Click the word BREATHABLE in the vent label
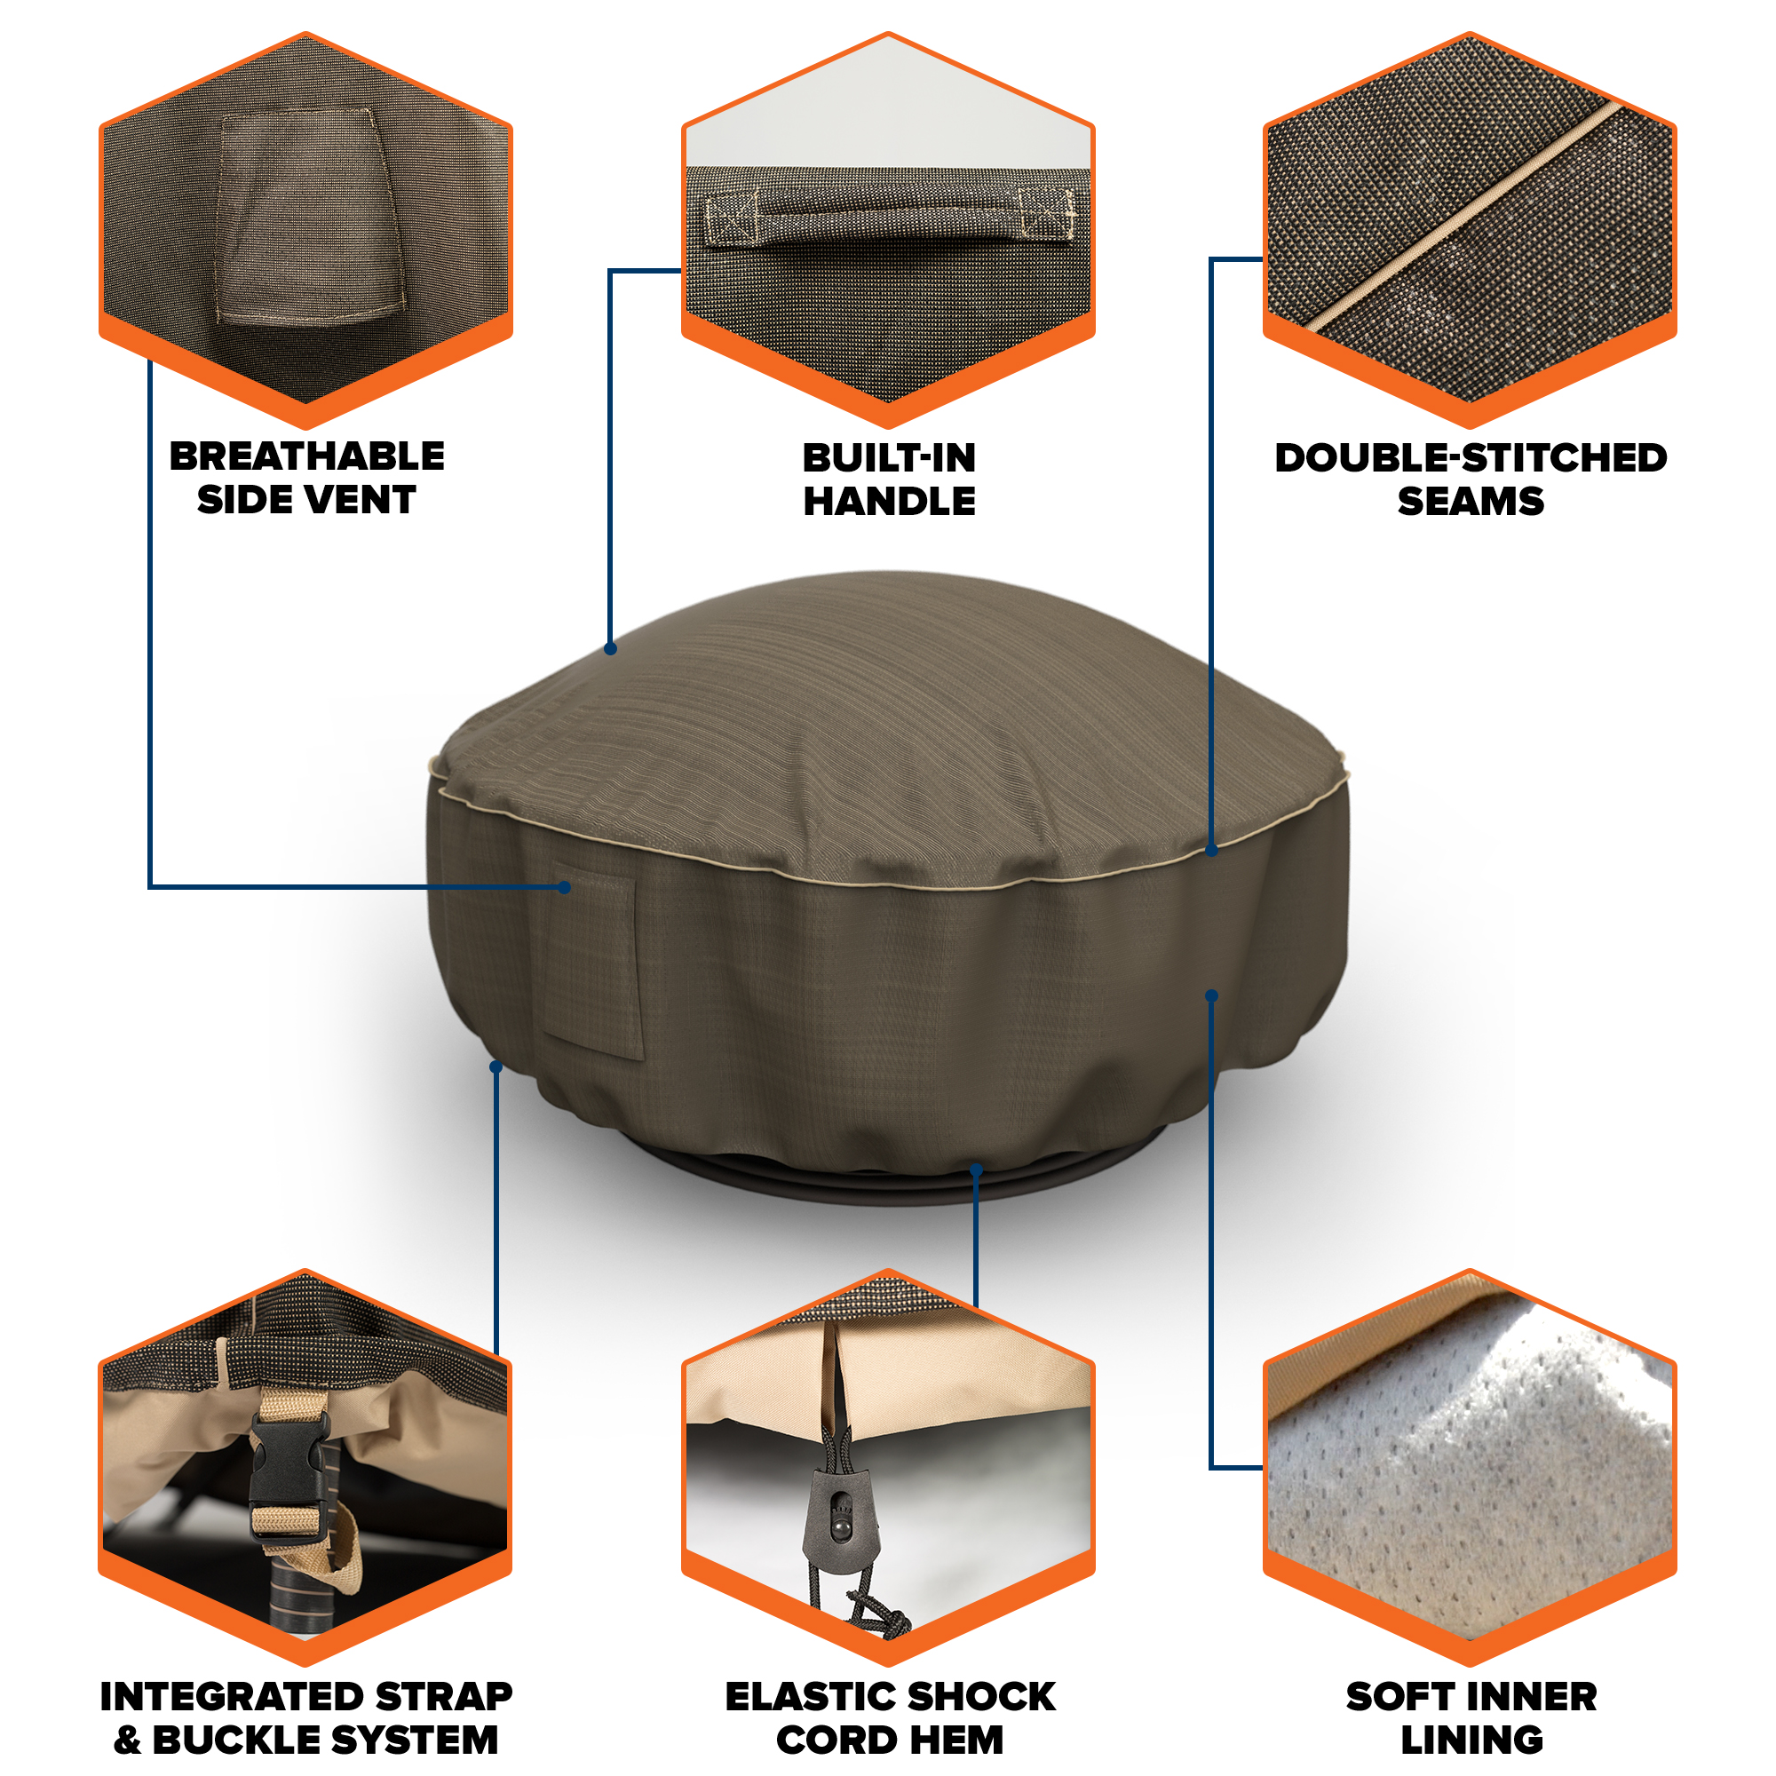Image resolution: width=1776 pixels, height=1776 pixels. (x=307, y=456)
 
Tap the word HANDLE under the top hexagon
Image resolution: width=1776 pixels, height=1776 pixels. (x=889, y=501)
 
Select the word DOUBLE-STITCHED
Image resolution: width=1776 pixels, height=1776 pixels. (x=1470, y=458)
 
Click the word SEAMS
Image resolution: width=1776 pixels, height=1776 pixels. (x=1470, y=501)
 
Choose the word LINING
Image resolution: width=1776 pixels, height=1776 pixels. (x=1471, y=1740)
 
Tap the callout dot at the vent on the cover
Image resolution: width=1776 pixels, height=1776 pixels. (x=565, y=887)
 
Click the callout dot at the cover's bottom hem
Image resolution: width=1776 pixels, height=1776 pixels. (x=976, y=1170)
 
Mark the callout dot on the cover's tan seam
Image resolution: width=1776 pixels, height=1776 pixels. (x=1211, y=851)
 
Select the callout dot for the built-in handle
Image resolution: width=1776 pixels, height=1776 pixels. (x=610, y=649)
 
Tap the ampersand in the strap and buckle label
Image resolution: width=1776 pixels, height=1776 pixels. (x=128, y=1740)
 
